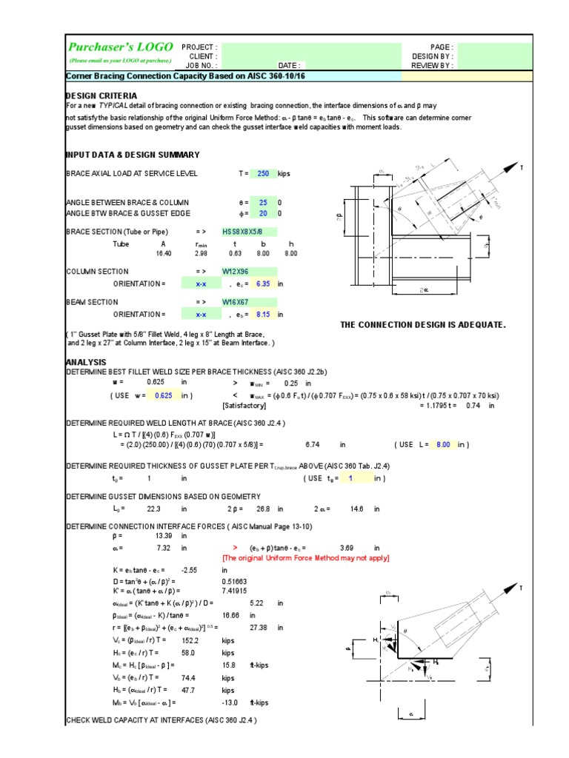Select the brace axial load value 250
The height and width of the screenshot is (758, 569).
pyautogui.click(x=262, y=173)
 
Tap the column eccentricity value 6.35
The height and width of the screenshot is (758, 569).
pyautogui.click(x=262, y=284)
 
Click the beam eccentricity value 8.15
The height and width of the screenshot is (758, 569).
pyautogui.click(x=262, y=314)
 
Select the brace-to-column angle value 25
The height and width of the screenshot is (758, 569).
pyautogui.click(x=263, y=202)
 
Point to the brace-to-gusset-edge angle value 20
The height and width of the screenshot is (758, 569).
pyautogui.click(x=263, y=213)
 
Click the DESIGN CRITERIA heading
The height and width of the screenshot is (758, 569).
pyautogui.click(x=102, y=95)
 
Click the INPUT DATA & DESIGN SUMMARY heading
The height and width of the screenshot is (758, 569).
pyautogui.click(x=133, y=154)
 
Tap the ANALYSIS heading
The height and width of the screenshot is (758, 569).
pyautogui.click(x=87, y=362)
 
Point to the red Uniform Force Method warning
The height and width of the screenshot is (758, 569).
pyautogui.click(x=306, y=557)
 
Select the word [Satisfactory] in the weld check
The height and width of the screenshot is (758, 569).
pyautogui.click(x=244, y=406)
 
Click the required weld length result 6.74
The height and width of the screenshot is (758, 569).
pyautogui.click(x=311, y=444)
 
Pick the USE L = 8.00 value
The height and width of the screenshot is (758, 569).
pyautogui.click(x=443, y=444)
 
